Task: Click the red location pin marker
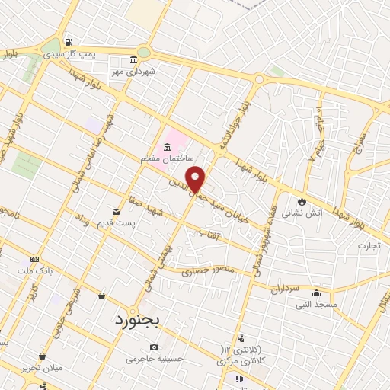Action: point(197,179)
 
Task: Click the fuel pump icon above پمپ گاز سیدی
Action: point(69,42)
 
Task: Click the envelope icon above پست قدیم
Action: point(116,210)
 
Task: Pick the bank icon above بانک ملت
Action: point(34,258)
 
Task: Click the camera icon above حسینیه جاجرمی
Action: point(155,347)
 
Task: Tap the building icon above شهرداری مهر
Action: point(134,60)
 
